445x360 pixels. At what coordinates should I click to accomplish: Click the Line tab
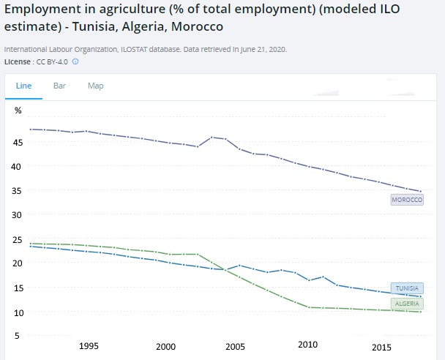coord(23,86)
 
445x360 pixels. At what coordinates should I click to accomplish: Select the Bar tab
coord(59,86)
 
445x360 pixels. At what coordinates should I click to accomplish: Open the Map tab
coord(96,86)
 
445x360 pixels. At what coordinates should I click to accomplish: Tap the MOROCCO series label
coord(407,200)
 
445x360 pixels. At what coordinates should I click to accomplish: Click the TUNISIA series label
coord(407,288)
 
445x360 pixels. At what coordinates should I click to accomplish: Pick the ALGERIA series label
coord(407,304)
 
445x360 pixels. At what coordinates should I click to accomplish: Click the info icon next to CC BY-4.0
coord(75,61)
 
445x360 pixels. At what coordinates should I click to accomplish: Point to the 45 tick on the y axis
coord(18,142)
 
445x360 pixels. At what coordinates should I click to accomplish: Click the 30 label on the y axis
coord(17,215)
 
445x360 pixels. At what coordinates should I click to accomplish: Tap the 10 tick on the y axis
coord(18,313)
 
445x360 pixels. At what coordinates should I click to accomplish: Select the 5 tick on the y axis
coord(18,336)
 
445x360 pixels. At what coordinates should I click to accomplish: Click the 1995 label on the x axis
coord(89,346)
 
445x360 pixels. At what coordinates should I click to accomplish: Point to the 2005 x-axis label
coord(235,347)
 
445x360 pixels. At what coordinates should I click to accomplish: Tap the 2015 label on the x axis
coord(381,348)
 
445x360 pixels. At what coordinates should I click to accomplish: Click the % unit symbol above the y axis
coord(18,110)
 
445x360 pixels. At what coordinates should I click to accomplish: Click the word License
coord(18,62)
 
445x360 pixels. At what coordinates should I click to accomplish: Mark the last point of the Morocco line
coord(421,191)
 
